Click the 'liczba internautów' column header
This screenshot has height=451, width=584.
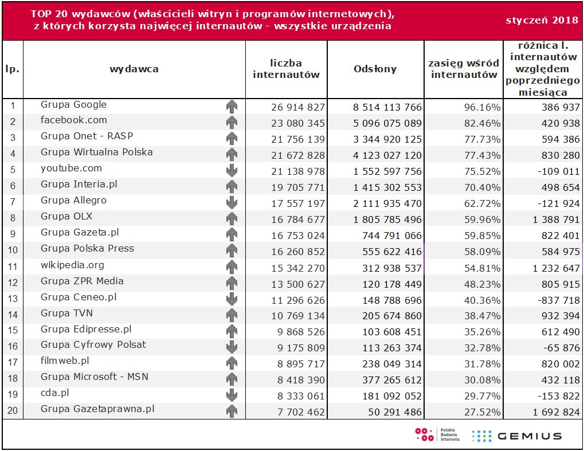click(286, 69)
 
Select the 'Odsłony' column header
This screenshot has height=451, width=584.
click(375, 69)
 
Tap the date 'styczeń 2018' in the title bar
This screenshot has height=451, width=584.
click(542, 21)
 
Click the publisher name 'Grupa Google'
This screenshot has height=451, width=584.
click(73, 104)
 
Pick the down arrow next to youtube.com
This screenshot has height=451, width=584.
click(232, 170)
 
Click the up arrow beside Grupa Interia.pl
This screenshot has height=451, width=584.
click(232, 186)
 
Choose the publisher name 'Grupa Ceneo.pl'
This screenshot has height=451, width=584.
click(79, 297)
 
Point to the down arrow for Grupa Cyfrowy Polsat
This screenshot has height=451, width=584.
click(232, 347)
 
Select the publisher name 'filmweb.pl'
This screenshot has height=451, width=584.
click(65, 361)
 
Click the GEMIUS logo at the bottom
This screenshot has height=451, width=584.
click(517, 436)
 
